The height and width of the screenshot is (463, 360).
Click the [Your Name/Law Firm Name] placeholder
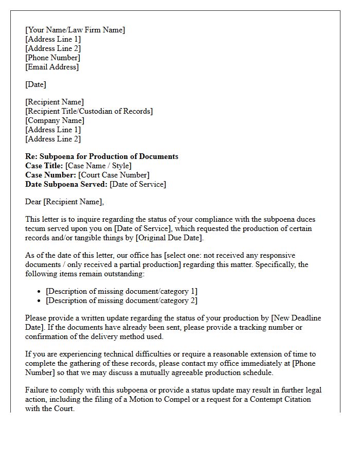pyautogui.click(x=75, y=30)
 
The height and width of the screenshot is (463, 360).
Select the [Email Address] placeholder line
pyautogui.click(x=52, y=67)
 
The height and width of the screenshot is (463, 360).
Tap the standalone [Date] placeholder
pyautogui.click(x=35, y=84)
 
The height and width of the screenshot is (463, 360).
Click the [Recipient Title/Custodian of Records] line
pyautogui.click(x=89, y=111)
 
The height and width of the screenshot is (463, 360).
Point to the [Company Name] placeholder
pyautogui.click(x=55, y=120)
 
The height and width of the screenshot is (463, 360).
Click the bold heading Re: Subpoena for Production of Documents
pyautogui.click(x=102, y=156)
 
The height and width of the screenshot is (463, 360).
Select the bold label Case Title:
pyautogui.click(x=45, y=166)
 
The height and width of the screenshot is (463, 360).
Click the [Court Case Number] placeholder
pyautogui.click(x=114, y=175)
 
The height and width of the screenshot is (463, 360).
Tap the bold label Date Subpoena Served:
pyautogui.click(x=66, y=184)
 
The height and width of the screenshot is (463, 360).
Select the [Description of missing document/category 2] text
pyautogui.click(x=121, y=300)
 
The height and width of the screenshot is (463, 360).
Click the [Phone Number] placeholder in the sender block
pyautogui.click(x=52, y=58)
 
